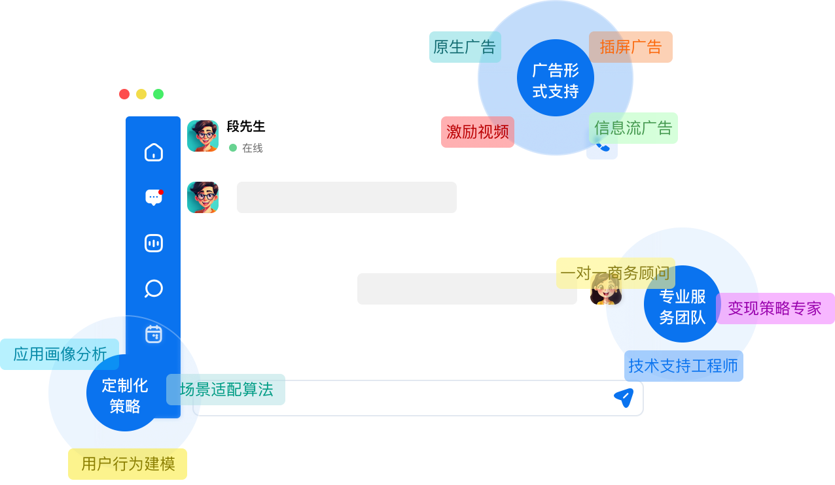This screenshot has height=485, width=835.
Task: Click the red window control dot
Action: point(124,94)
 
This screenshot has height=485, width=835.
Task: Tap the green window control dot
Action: point(158,94)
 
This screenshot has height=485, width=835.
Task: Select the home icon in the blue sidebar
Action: point(154,152)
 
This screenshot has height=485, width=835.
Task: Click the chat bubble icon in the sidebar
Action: point(154,197)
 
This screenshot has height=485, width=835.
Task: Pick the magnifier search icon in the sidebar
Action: point(154,288)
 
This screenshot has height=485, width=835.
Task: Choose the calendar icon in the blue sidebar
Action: point(154,334)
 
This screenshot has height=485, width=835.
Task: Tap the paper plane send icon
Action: point(624,397)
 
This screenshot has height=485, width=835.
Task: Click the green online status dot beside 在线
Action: point(233,148)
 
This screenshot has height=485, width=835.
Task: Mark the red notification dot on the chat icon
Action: point(161,192)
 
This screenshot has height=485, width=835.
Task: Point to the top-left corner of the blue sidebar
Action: point(126,116)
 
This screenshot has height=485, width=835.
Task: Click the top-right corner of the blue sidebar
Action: point(181,116)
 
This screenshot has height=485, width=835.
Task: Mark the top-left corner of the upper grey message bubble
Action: point(237,182)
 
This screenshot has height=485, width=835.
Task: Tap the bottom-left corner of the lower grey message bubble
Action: point(357,305)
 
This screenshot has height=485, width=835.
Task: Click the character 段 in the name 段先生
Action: point(233,127)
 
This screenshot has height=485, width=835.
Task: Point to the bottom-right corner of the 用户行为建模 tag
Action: point(187,479)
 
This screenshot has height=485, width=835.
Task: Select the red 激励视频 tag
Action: point(478,132)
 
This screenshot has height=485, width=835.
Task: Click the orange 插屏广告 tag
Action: point(631,47)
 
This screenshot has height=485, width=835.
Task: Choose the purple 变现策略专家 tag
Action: point(775,309)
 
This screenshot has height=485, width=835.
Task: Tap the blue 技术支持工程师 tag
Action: point(684,366)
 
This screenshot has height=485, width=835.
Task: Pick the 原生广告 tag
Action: point(465,47)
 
